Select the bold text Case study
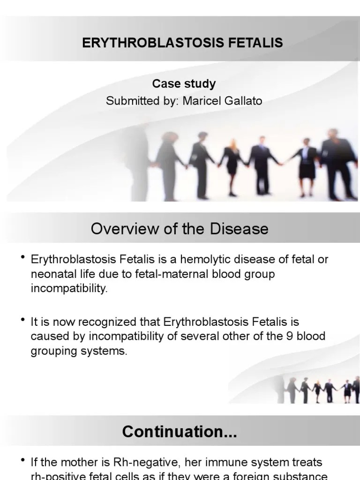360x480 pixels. coord(184,84)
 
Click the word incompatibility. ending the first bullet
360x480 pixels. coord(69,288)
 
